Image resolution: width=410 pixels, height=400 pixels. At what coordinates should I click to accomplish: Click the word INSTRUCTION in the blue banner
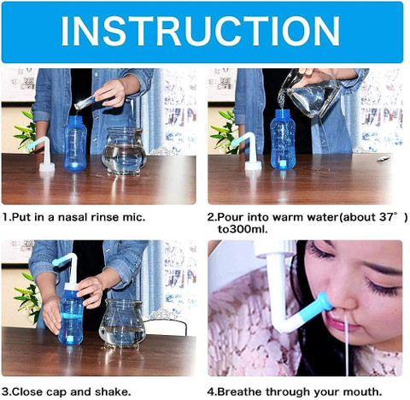201,31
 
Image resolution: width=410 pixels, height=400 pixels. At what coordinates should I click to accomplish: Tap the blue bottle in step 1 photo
75,144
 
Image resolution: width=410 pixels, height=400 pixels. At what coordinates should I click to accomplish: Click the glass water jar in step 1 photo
124,150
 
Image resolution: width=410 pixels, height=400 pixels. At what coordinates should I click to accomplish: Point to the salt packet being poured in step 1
85,103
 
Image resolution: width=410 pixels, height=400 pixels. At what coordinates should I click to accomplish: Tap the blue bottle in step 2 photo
283,139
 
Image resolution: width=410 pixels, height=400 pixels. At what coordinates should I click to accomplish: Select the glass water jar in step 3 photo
122,323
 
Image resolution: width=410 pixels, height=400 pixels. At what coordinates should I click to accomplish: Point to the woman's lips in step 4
340,322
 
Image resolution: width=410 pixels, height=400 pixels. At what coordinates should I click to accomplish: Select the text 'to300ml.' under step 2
243,229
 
